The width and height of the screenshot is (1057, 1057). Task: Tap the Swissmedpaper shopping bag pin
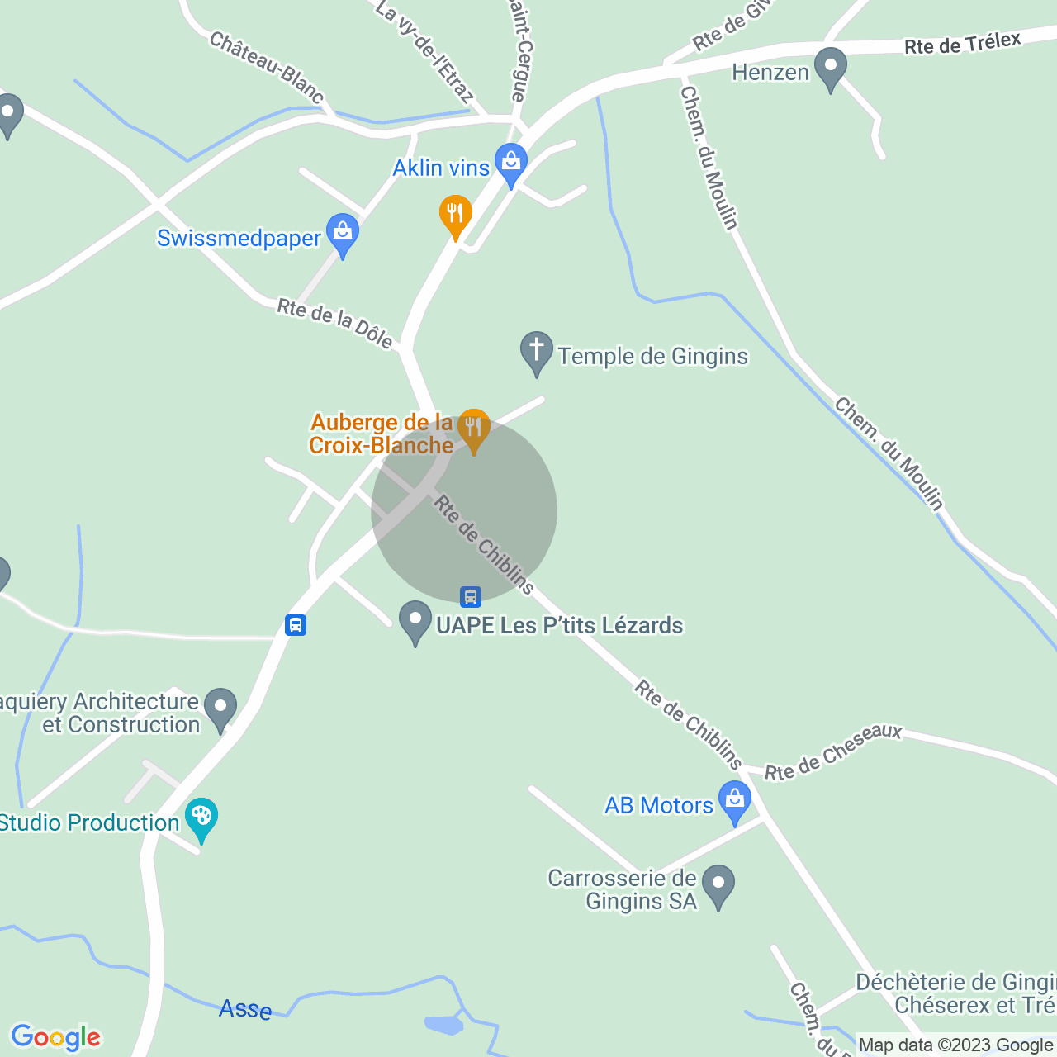coord(343,234)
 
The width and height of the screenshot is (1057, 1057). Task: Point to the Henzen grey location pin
coord(831,68)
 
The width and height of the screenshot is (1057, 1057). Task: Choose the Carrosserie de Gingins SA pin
coord(718,885)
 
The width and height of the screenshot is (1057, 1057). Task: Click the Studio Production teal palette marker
coord(201,818)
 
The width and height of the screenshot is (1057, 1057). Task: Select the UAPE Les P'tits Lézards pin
coord(415,621)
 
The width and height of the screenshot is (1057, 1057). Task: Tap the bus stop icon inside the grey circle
coord(471,596)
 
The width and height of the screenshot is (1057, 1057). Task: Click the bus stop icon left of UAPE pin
coord(296,625)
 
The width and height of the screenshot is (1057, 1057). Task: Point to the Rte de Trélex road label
coord(962,43)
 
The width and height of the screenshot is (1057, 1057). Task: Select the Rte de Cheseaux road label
coord(833,751)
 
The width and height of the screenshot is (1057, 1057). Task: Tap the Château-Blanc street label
coord(266,66)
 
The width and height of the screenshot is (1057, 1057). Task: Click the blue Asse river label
coord(245,1009)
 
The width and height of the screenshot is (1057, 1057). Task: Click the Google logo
coord(55,1037)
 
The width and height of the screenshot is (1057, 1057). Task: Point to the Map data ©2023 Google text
coord(955,1045)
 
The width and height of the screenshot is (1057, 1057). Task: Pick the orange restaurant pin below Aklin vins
coord(455,216)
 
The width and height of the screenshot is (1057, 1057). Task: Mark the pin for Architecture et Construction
coord(220,709)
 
